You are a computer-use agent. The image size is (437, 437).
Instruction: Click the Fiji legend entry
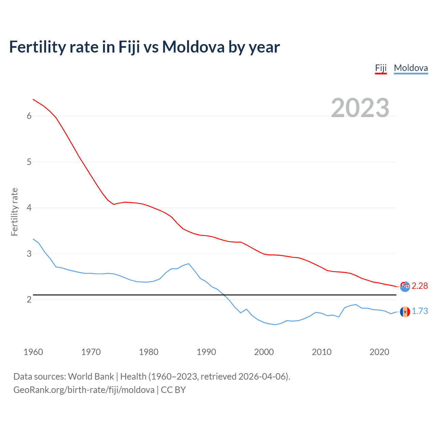[381, 68]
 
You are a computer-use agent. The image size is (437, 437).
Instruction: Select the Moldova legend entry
[411, 68]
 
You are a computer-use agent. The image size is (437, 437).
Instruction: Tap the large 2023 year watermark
[360, 108]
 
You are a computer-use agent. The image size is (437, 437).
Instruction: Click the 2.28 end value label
[420, 286]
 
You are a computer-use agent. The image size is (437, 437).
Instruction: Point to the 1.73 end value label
[420, 311]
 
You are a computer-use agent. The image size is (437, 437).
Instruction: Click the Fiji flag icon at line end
[405, 287]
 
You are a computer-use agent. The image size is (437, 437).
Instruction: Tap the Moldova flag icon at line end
[405, 312]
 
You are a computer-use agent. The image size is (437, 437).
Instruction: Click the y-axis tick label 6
[29, 116]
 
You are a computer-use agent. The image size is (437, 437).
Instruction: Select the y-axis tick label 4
[29, 208]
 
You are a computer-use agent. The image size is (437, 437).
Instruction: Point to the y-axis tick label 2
[29, 300]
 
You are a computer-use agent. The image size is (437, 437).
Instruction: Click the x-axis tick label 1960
[33, 352]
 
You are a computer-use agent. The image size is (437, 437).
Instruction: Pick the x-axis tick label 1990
[206, 352]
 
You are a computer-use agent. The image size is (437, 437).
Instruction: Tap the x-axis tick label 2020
[379, 352]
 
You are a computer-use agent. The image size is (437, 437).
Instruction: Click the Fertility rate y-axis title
[14, 212]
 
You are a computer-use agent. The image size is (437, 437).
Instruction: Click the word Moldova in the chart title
[193, 47]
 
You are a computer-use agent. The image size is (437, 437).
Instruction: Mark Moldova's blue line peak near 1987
[188, 264]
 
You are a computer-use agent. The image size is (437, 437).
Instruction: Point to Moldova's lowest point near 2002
[275, 325]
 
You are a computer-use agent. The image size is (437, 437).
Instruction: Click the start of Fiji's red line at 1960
[33, 99]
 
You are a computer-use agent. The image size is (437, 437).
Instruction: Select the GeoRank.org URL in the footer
[84, 390]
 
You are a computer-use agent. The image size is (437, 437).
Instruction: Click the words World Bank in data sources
[91, 377]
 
